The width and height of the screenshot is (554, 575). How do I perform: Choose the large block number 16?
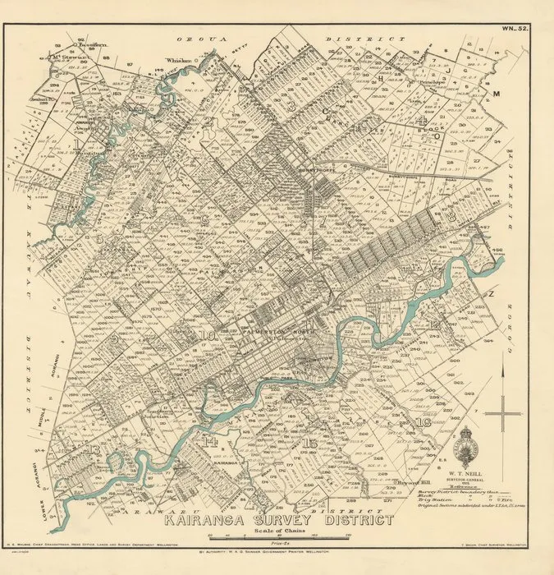(x=424, y=422)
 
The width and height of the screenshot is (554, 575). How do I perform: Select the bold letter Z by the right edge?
(x=492, y=292)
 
